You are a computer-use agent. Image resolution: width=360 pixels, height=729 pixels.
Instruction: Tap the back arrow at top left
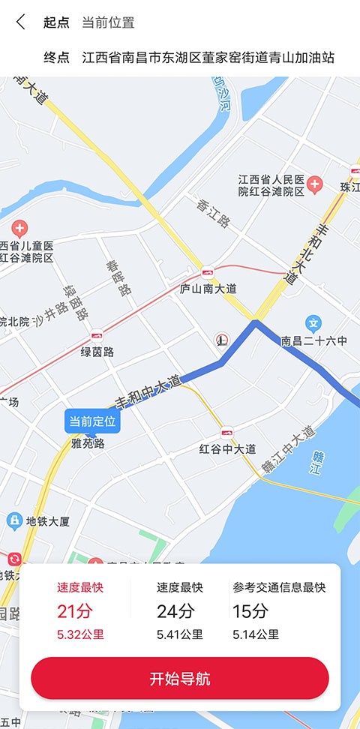tap(20, 22)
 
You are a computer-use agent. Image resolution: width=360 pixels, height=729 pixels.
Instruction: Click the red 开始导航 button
tap(180, 679)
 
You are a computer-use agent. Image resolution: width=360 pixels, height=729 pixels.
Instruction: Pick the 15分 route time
tap(250, 611)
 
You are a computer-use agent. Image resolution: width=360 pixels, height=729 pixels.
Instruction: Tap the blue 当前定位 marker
tap(92, 421)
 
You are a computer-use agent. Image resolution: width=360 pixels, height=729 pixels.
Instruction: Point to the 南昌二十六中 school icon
tap(314, 324)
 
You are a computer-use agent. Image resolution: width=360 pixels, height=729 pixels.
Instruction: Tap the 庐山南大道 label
tap(208, 289)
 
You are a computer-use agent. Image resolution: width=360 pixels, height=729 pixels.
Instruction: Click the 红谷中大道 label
tap(228, 449)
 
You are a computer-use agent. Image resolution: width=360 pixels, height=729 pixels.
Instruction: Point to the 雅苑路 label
tap(87, 443)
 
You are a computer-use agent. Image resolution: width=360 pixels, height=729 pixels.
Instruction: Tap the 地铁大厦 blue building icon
tap(13, 520)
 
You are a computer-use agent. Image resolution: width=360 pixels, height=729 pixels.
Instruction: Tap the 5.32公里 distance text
tap(80, 634)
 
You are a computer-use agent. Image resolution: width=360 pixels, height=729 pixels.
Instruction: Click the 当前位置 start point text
tap(108, 22)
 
